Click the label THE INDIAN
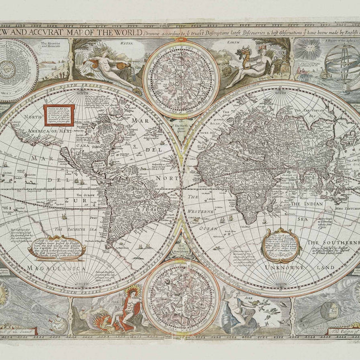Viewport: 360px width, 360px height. (308, 204)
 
